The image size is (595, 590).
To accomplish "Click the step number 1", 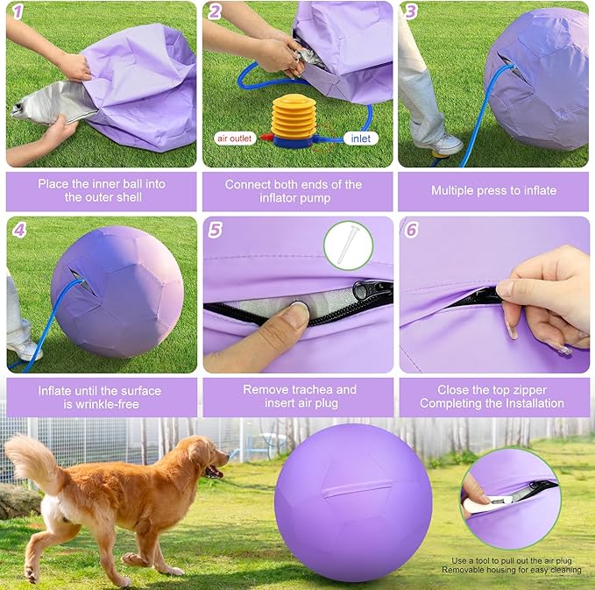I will coord(15,12).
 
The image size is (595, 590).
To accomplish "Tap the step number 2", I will coord(214,12).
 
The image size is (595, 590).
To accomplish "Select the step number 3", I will coord(411,12).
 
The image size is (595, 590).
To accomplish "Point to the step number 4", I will coord(18,230).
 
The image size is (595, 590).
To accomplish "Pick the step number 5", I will coord(216,230).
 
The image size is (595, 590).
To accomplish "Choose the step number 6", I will coord(411,230).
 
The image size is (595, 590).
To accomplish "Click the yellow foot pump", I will coord(293,117).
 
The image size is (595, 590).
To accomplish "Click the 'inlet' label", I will coord(359,138).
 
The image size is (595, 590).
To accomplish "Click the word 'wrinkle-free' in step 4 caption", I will coord(123,403).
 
